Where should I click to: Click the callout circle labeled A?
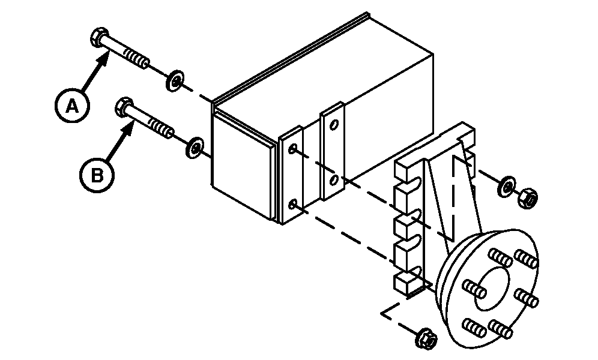pyautogui.click(x=71, y=106)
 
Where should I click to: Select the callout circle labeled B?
pyautogui.click(x=97, y=176)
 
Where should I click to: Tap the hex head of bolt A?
pyautogui.click(x=100, y=37)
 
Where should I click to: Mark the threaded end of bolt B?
pyautogui.click(x=162, y=128)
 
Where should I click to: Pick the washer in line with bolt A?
pyautogui.click(x=175, y=80)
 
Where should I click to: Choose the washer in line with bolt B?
pyautogui.click(x=195, y=148)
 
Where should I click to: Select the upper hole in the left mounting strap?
pyautogui.click(x=293, y=148)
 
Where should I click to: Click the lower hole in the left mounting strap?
pyautogui.click(x=293, y=205)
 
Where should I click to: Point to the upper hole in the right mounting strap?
pyautogui.click(x=334, y=124)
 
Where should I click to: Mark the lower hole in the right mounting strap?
pyautogui.click(x=334, y=179)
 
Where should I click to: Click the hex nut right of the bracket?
pyautogui.click(x=529, y=198)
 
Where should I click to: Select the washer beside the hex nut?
pyautogui.click(x=507, y=187)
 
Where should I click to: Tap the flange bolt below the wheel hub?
pyautogui.click(x=427, y=338)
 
